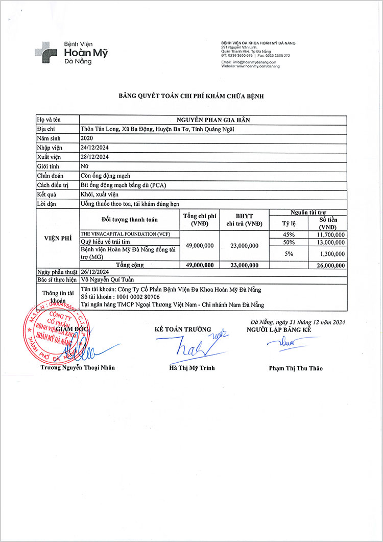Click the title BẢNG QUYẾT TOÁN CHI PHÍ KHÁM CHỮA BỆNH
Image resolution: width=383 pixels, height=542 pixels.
pos(191,96)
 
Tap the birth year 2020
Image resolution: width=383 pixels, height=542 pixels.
pos(87,138)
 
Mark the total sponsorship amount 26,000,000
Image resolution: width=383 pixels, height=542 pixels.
pos(328,265)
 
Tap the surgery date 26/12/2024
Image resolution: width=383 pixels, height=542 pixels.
pos(94,272)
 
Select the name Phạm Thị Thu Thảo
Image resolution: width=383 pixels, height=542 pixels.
pos(296,368)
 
